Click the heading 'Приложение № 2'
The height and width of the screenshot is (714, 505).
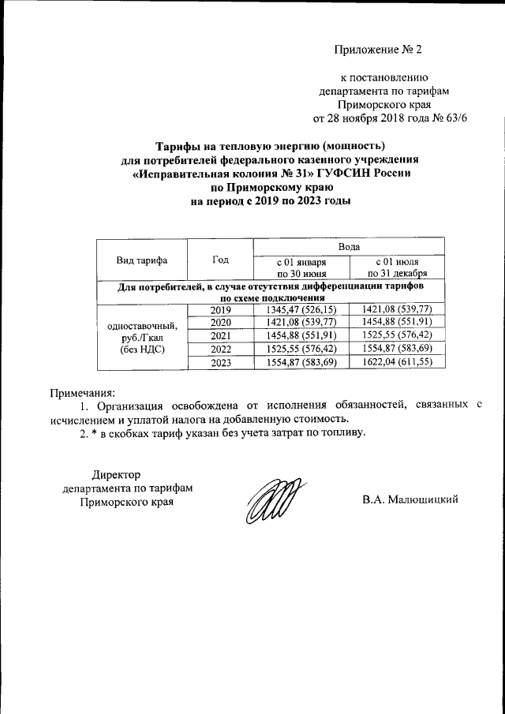point(378,50)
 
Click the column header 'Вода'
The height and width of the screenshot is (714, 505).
point(348,246)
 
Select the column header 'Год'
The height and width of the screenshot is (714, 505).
point(220,260)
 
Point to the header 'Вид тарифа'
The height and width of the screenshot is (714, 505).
point(141,260)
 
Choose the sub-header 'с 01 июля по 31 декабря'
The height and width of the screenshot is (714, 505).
point(396,267)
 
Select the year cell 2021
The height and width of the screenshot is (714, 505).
point(220,336)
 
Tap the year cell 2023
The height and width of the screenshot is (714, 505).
point(220,363)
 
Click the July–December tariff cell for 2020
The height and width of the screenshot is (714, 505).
point(396,323)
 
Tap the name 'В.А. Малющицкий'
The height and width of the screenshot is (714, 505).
point(410,500)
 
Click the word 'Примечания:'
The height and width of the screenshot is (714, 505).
point(82,392)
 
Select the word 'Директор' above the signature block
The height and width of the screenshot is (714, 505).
point(116,475)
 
